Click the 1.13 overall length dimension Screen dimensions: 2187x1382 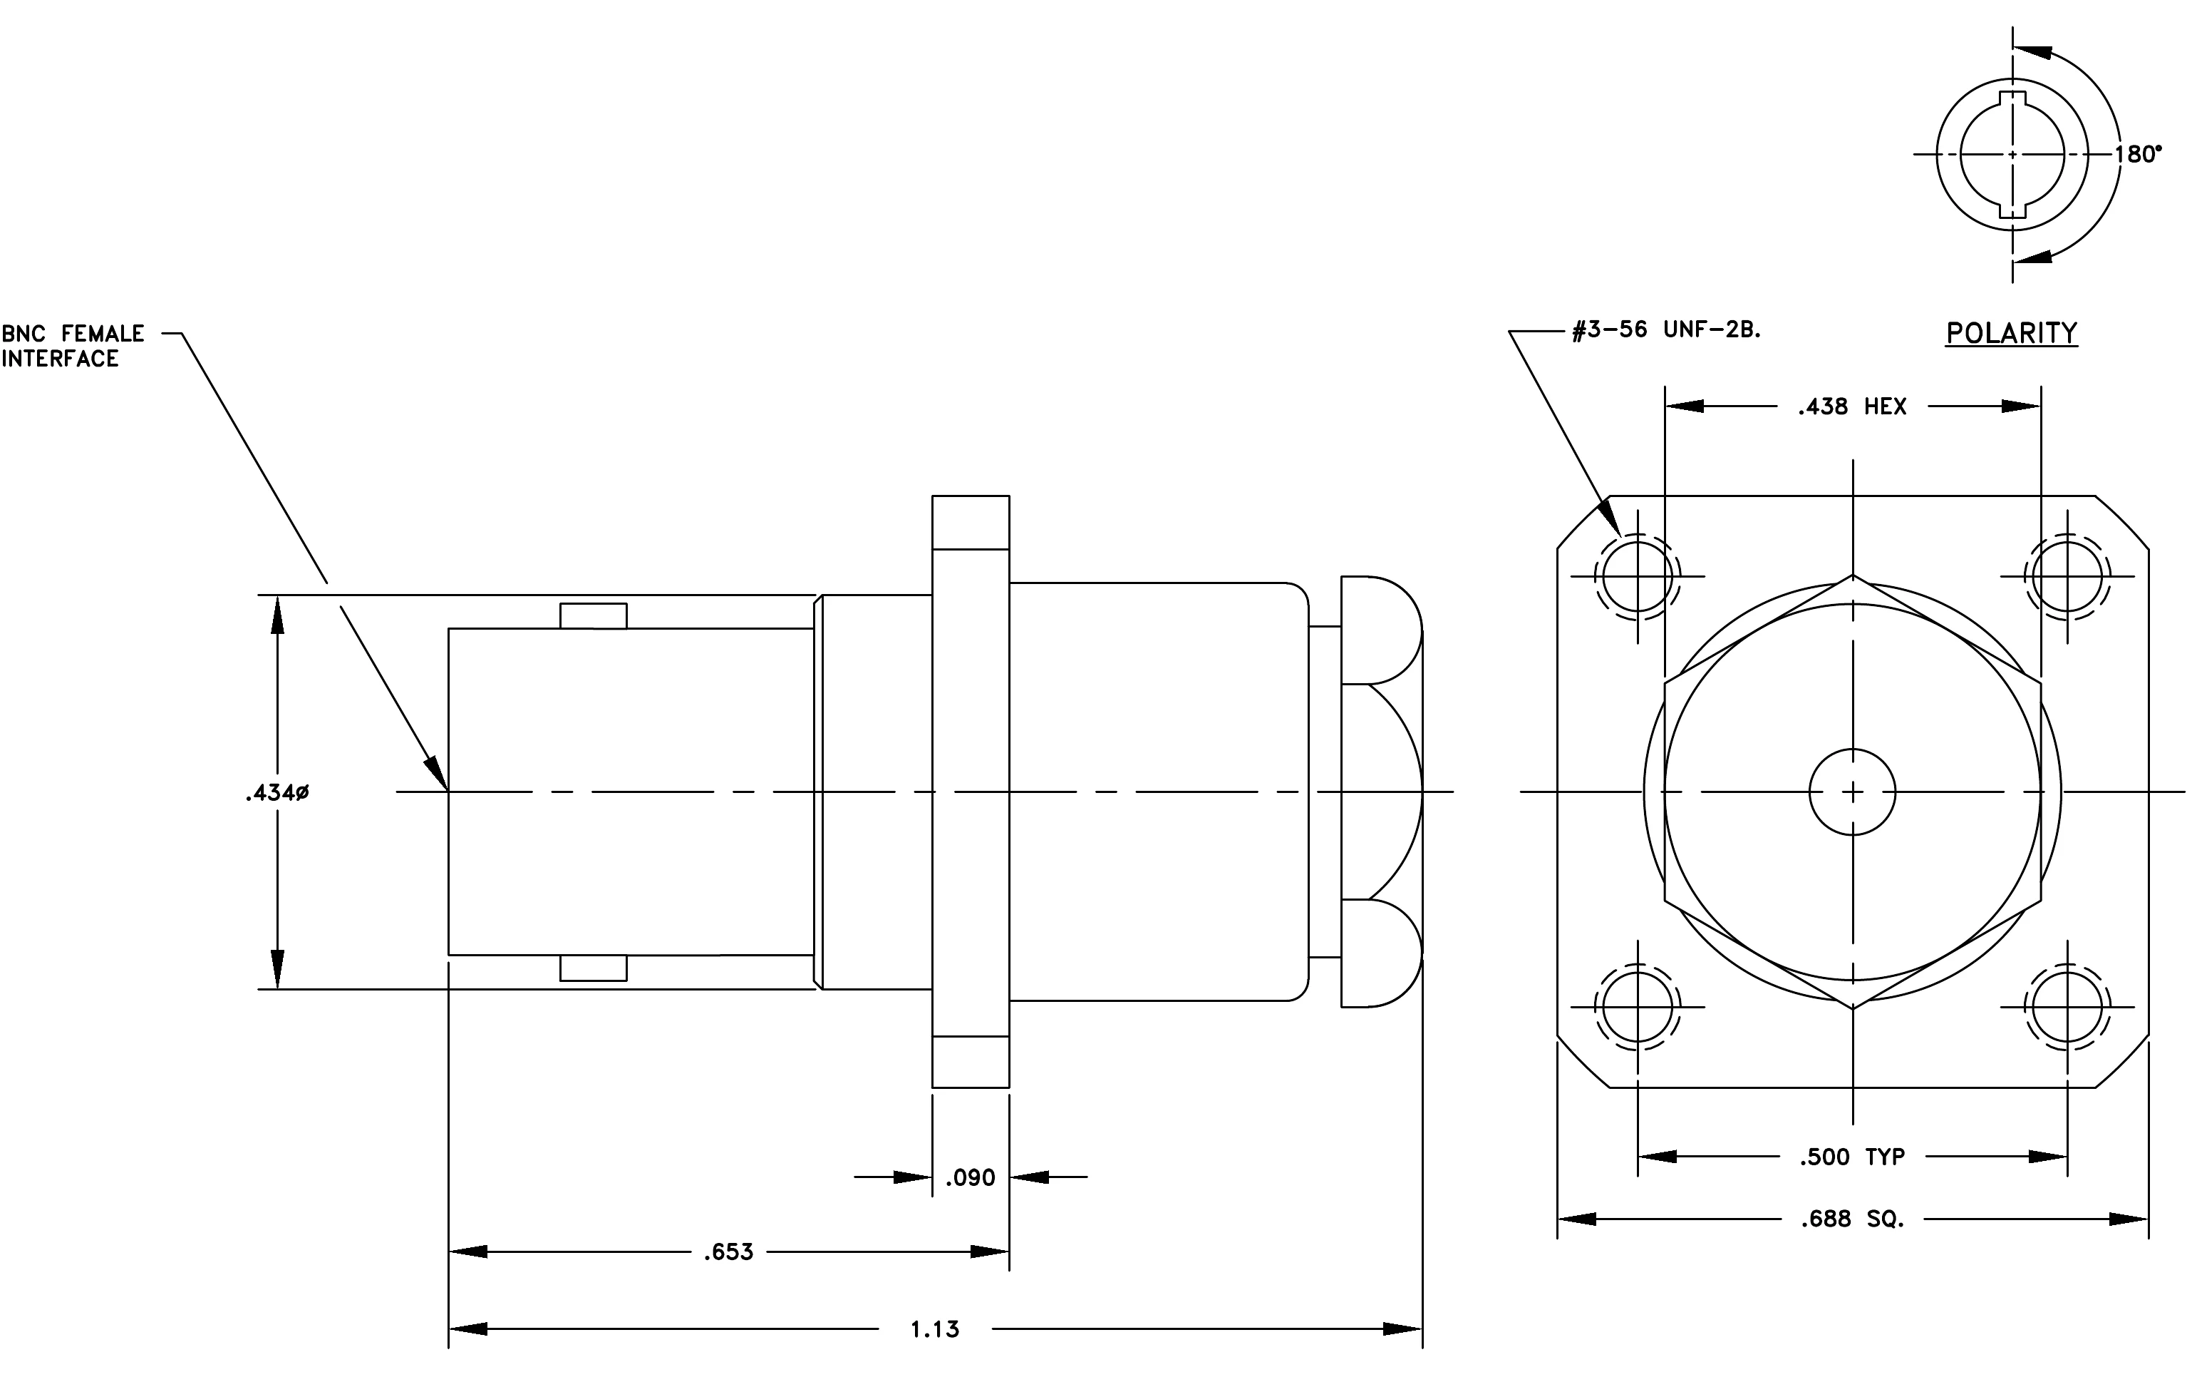coord(934,1330)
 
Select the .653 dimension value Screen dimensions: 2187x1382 coord(728,1252)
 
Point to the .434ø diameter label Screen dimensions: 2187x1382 coord(277,793)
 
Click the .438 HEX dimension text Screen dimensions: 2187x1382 coord(1852,407)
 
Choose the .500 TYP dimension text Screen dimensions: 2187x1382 coord(1852,1157)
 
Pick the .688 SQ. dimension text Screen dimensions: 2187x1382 coord(1852,1219)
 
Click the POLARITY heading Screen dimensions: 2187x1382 coord(2012,334)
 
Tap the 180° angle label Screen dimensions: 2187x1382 coord(2138,155)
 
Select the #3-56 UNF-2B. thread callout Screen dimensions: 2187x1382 coord(1667,330)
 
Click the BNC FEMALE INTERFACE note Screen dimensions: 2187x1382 coord(73,346)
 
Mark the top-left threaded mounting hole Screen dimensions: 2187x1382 coord(1638,576)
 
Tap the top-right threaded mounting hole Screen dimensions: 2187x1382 coord(2067,576)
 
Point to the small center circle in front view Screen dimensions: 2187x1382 coord(1853,792)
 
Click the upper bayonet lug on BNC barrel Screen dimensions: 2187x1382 coord(593,616)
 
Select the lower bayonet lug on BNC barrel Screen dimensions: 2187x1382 coord(593,968)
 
